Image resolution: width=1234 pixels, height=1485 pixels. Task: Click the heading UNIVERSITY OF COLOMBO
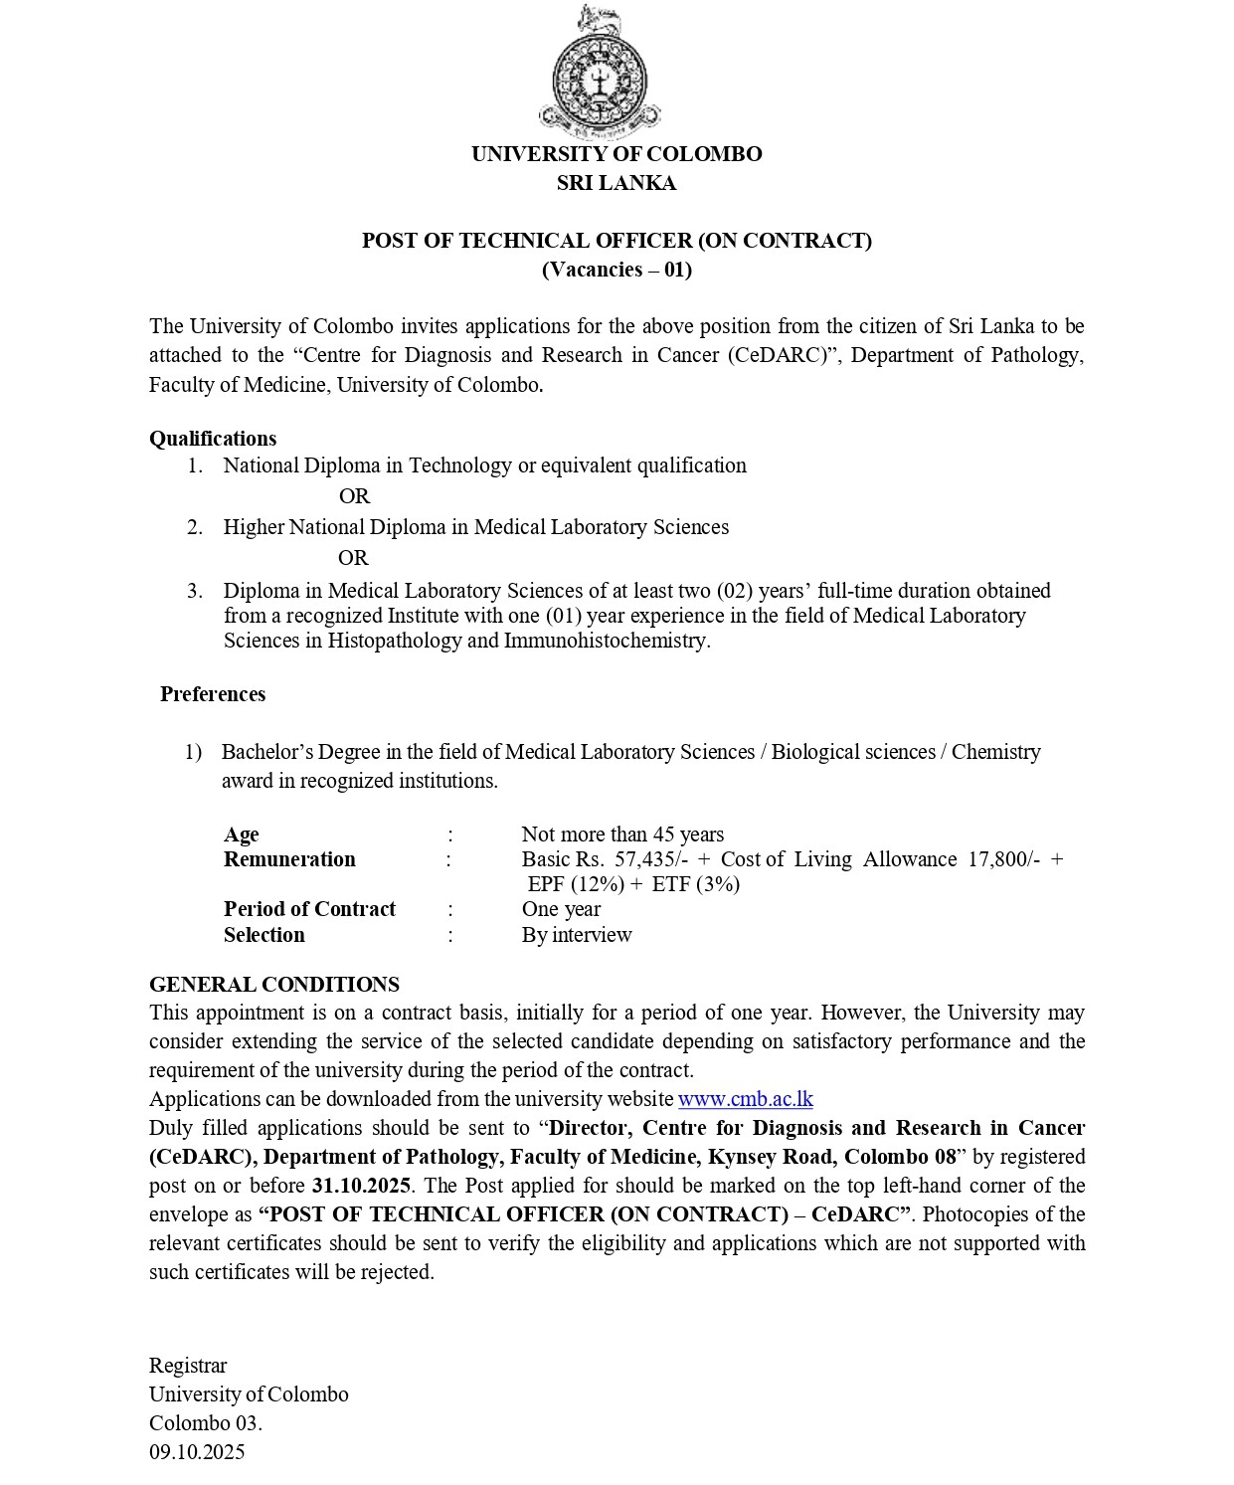[617, 154]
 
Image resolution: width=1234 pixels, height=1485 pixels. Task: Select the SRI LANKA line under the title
[617, 183]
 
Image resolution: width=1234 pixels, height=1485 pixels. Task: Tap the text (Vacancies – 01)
[617, 270]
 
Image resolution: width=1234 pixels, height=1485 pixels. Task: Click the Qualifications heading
[213, 439]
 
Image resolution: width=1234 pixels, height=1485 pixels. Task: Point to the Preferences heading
[213, 694]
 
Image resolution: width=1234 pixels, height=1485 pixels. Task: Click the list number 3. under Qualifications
[195, 591]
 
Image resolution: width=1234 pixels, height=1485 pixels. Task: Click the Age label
[242, 835]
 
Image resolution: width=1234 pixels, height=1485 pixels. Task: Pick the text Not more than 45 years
[622, 835]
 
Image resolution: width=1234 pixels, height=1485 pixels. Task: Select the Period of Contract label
[309, 909]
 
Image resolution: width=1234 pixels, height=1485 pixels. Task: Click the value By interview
[577, 935]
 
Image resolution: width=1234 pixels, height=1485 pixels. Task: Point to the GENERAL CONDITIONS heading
[274, 985]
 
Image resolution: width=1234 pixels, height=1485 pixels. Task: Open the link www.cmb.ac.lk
[745, 1099]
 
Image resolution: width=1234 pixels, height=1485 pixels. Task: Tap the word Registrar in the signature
[188, 1366]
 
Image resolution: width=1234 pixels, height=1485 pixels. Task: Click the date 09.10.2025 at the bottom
[197, 1452]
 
